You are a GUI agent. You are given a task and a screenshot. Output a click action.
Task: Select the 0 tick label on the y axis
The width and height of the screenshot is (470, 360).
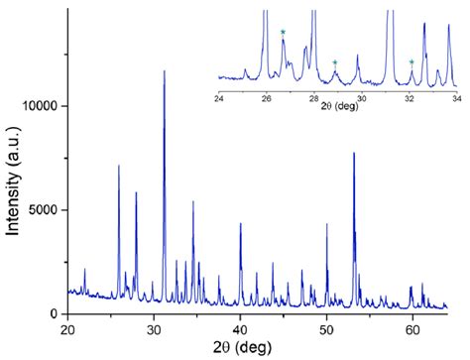pyautogui.click(x=58, y=313)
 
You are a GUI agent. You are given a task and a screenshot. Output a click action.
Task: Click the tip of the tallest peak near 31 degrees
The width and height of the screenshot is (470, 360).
pyautogui.click(x=165, y=71)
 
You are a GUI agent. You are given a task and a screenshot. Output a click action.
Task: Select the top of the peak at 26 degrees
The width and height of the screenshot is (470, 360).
pyautogui.click(x=119, y=166)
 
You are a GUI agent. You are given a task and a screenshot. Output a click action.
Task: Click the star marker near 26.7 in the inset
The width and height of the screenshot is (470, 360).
pyautogui.click(x=283, y=33)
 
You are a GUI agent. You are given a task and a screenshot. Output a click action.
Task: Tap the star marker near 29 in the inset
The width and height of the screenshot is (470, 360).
pyautogui.click(x=335, y=63)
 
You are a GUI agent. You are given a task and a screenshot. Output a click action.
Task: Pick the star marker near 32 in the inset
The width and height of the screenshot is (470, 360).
pyautogui.click(x=411, y=62)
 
